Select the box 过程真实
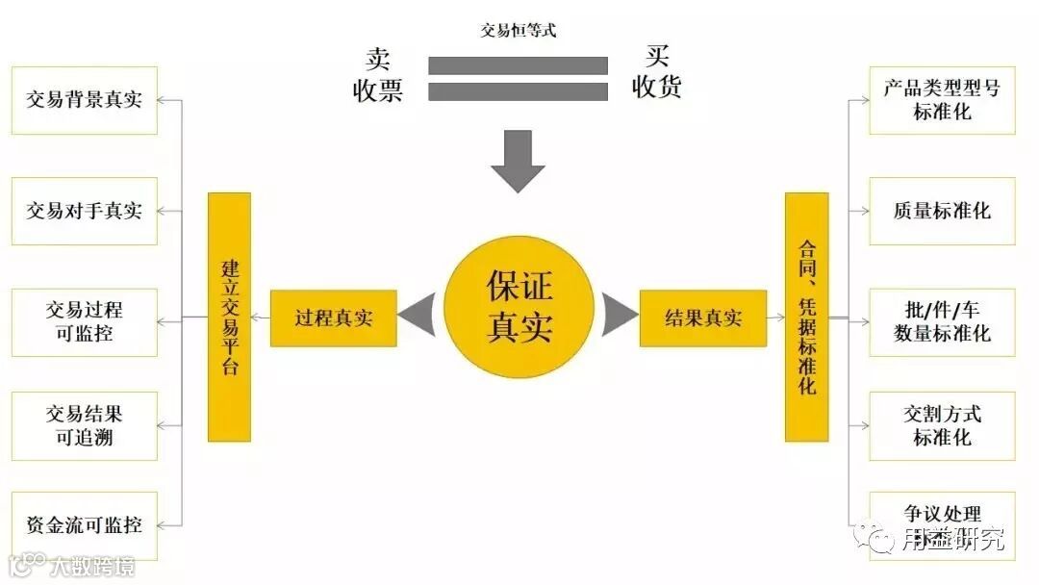coord(333,318)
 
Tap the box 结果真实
coord(703,318)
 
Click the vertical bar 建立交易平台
coord(229,317)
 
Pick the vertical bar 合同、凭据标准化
coord(806,317)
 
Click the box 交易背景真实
coord(84,100)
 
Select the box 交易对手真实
coord(84,211)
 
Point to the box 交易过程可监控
coord(84,322)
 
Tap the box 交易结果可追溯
coord(84,426)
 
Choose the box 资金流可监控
coord(84,525)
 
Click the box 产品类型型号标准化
coord(942,100)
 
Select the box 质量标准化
coord(942,211)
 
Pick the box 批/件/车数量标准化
coord(942,322)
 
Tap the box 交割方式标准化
coord(942,426)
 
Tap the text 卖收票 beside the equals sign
coord(377,74)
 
